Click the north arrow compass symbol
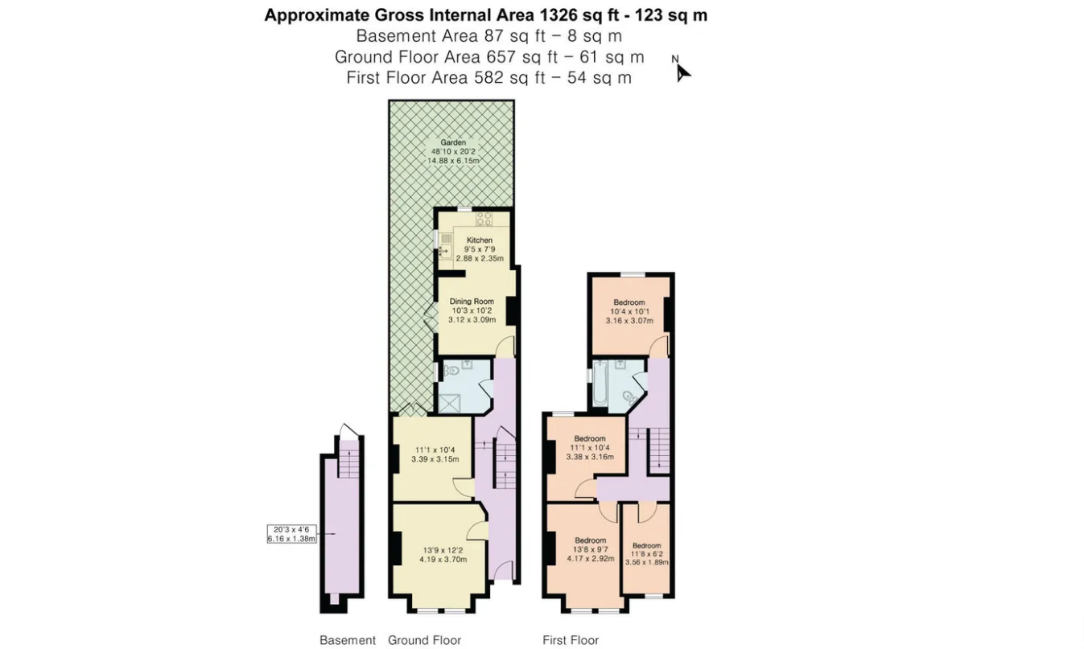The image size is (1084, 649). [x=682, y=70]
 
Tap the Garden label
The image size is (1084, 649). [x=453, y=142]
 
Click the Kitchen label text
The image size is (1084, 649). [x=480, y=240]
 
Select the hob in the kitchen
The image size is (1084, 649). [x=484, y=219]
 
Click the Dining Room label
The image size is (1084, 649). [x=472, y=302]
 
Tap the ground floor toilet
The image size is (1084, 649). [x=451, y=371]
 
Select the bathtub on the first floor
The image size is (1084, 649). [x=600, y=383]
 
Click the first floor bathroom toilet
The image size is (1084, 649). [x=629, y=397]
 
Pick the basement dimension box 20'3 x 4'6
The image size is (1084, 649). [x=292, y=534]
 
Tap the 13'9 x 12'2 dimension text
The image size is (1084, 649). [x=443, y=550]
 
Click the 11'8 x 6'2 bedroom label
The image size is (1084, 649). [x=646, y=554]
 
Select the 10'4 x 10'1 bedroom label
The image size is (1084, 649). [x=629, y=311]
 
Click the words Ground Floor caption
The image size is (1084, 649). [x=424, y=640]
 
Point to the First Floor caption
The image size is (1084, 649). [x=571, y=640]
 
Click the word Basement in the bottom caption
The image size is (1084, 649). [x=348, y=640]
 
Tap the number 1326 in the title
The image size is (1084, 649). [x=558, y=15]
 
